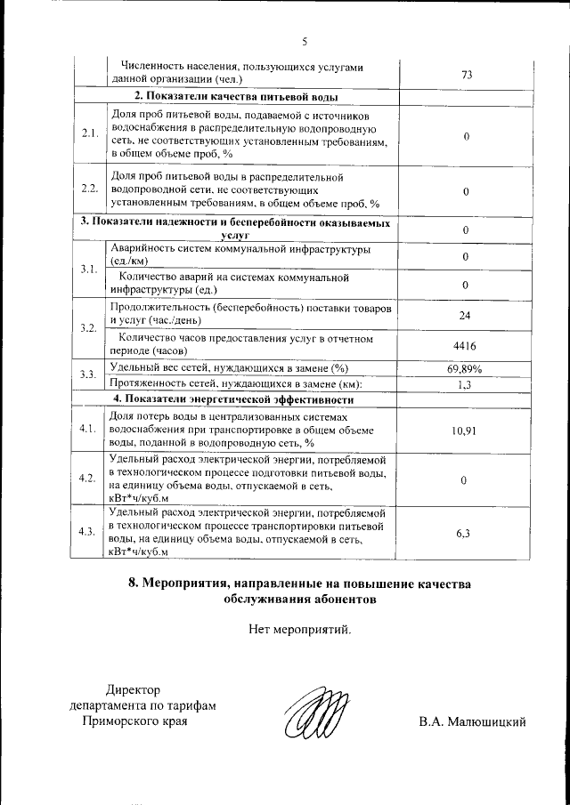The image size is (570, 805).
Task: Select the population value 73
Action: click(x=466, y=75)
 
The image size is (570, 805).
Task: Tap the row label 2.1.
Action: click(x=88, y=133)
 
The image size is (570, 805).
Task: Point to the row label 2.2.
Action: click(x=88, y=189)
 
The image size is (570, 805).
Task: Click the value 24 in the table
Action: click(x=465, y=316)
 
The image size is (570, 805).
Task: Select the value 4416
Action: click(x=465, y=346)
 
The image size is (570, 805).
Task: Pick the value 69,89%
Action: click(x=465, y=368)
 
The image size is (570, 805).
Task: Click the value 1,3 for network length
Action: click(x=465, y=384)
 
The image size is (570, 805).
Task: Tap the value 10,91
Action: click(x=465, y=430)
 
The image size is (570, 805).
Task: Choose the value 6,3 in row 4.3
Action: click(x=463, y=533)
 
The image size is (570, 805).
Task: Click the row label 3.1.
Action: click(x=88, y=269)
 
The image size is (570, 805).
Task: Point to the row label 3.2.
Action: click(x=88, y=329)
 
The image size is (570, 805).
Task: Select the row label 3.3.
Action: click(x=88, y=375)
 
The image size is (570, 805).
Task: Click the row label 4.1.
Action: click(x=88, y=429)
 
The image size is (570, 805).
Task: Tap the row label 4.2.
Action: click(x=88, y=479)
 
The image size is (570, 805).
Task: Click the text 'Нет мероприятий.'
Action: click(x=301, y=631)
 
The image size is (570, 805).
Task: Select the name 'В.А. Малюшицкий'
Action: click(x=473, y=721)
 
